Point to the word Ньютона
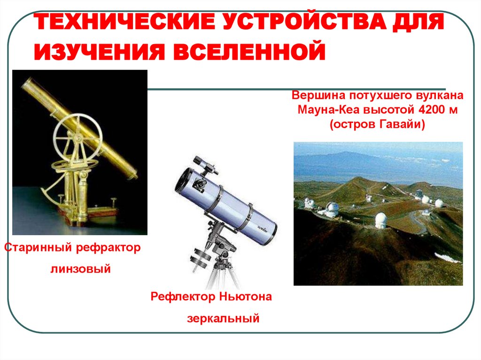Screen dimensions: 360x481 [245, 297]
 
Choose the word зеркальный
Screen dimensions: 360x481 [223, 319]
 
